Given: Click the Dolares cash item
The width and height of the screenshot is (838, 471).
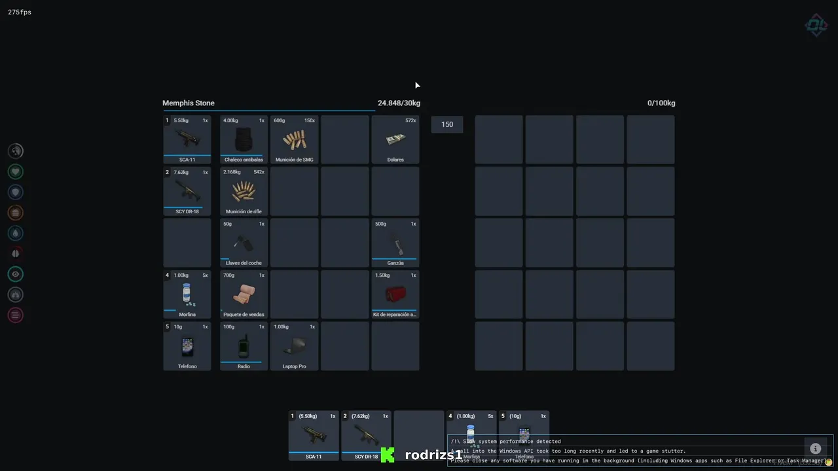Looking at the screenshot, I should (395, 139).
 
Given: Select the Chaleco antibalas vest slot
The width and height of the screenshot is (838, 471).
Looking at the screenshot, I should (244, 139).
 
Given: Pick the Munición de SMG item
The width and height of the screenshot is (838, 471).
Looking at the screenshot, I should (294, 139).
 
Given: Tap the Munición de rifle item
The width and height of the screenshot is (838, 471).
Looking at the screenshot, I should (244, 191).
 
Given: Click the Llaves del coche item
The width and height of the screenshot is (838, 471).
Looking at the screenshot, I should (244, 243).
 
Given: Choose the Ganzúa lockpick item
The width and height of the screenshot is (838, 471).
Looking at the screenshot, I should (395, 243).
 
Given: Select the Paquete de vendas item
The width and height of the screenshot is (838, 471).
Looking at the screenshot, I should (244, 294).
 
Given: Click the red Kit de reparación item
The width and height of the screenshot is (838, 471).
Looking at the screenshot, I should (395, 294).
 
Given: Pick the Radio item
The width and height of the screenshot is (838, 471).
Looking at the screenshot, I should (244, 346).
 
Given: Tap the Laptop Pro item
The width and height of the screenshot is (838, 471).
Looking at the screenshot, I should (294, 346).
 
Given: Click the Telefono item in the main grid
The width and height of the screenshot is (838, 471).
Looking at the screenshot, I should (187, 346).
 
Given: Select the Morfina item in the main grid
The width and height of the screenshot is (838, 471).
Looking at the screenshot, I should (187, 294).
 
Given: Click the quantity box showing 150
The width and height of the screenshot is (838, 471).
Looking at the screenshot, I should (447, 124).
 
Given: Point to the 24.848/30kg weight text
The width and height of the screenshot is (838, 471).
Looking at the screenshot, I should (399, 103).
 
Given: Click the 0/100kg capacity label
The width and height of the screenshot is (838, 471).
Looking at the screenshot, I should (661, 103).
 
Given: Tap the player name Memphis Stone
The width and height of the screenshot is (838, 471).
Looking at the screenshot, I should (189, 103).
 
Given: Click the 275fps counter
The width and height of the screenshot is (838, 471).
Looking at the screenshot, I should (20, 12).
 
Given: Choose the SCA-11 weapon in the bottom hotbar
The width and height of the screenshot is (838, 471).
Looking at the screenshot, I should (314, 435).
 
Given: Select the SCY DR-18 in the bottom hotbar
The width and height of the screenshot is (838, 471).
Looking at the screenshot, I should (366, 435).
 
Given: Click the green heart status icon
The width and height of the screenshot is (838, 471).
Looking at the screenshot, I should (16, 171).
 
